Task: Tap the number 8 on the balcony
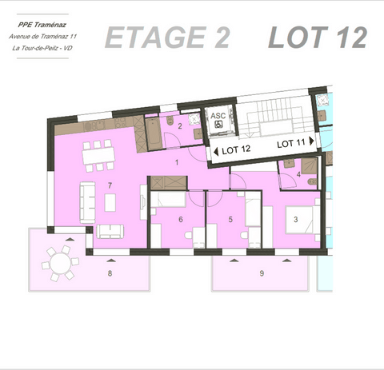(110, 273)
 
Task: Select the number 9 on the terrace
(262, 274)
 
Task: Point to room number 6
(181, 219)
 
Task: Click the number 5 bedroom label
(230, 219)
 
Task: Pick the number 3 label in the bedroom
(296, 219)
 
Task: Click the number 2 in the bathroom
(180, 126)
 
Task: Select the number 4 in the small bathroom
(298, 174)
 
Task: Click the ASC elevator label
(218, 116)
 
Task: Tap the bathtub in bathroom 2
(152, 132)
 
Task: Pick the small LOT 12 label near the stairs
(236, 149)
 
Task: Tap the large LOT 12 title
(318, 37)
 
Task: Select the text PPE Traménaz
(42, 24)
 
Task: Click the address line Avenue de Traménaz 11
(43, 36)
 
